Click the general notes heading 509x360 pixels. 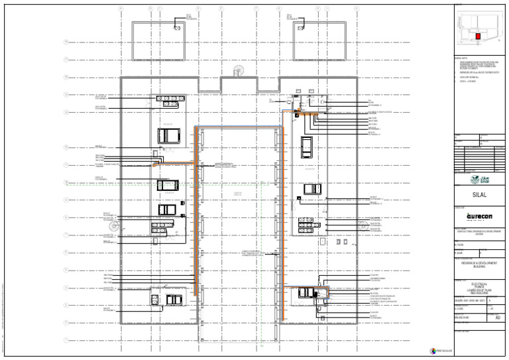tap(461, 58)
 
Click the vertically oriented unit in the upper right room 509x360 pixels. tap(308, 145)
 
